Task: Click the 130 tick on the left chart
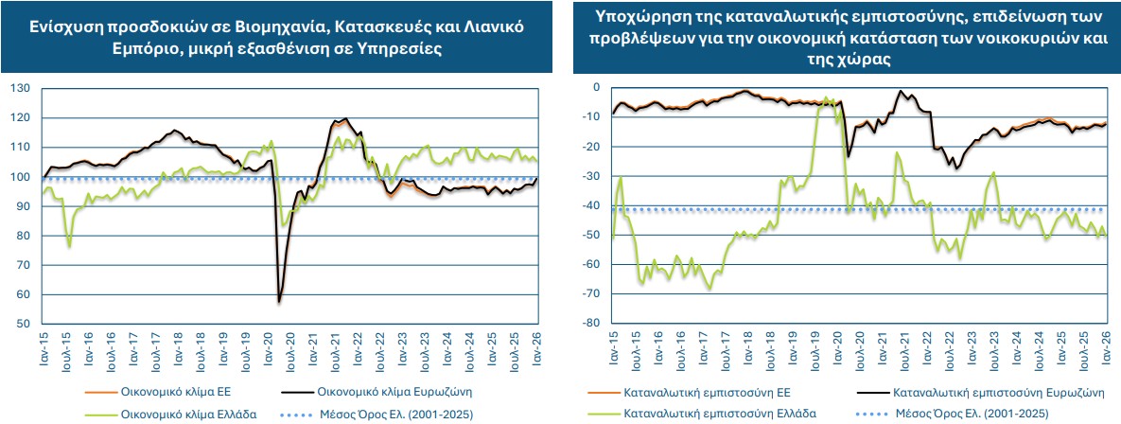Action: [x=20, y=88]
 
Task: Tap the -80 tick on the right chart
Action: [x=590, y=324]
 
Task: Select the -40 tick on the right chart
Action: [x=590, y=205]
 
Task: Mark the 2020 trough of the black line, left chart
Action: [x=279, y=302]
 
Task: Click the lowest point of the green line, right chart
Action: [x=709, y=289]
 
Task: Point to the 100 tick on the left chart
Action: [x=20, y=177]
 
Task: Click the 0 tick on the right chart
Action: [x=596, y=87]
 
